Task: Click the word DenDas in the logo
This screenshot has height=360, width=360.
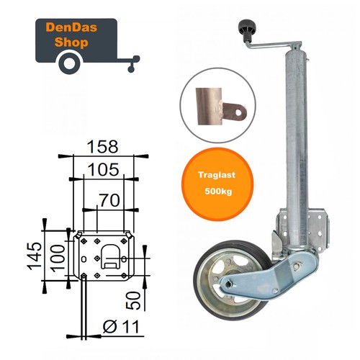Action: (x=71, y=27)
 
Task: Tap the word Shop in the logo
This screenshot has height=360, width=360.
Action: (x=71, y=42)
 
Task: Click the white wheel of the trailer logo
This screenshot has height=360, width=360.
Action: (x=70, y=63)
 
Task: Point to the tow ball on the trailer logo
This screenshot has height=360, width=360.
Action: (x=136, y=58)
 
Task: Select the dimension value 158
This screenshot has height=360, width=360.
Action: (x=102, y=147)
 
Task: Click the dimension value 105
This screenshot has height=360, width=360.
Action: (x=103, y=169)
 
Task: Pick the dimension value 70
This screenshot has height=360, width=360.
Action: (x=109, y=200)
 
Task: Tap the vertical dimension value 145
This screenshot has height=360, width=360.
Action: (x=34, y=256)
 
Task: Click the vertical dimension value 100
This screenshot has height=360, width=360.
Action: (x=58, y=258)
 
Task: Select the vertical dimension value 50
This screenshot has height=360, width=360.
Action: (x=133, y=300)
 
